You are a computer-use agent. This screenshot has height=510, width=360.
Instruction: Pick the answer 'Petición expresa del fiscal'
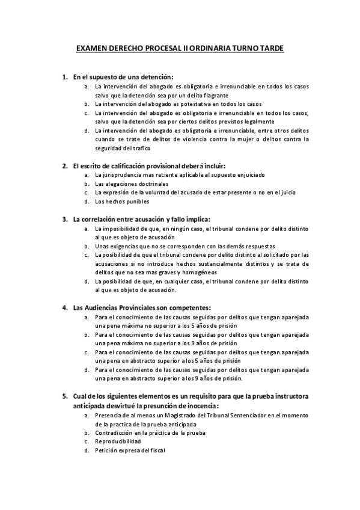[x=129, y=450]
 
